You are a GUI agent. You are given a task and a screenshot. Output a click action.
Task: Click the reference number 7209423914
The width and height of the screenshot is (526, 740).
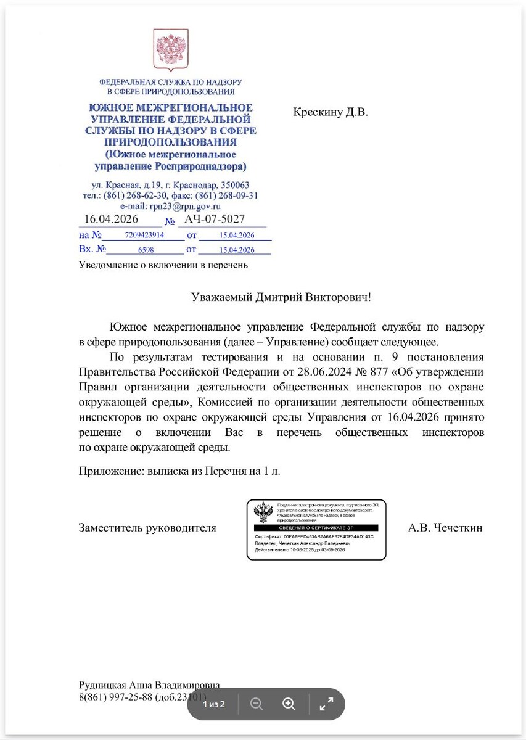(x=144, y=236)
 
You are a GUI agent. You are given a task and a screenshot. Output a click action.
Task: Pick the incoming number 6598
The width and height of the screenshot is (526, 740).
(x=146, y=250)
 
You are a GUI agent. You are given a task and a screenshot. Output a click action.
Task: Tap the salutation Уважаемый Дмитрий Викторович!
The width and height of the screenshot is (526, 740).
(x=281, y=297)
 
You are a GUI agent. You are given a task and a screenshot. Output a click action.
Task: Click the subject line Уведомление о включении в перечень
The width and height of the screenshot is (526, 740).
(x=163, y=265)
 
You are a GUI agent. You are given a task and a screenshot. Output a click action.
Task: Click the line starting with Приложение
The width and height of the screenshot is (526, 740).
(x=179, y=471)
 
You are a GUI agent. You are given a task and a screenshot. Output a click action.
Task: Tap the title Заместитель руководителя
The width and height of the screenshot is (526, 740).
(x=147, y=527)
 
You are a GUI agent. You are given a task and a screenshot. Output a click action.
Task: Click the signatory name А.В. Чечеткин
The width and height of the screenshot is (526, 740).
(x=445, y=527)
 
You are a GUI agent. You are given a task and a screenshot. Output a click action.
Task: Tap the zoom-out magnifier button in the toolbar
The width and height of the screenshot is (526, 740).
(x=257, y=704)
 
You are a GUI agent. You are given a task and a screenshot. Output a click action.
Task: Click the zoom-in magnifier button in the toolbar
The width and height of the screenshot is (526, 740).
(x=289, y=704)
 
